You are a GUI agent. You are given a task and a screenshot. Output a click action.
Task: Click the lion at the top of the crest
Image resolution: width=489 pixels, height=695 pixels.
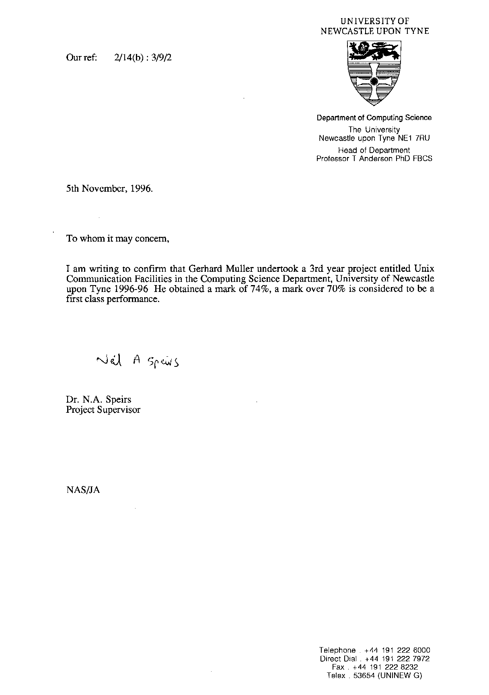pos(374,52)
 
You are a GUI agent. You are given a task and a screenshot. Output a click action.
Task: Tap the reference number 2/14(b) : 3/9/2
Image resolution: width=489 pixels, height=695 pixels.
pos(143,58)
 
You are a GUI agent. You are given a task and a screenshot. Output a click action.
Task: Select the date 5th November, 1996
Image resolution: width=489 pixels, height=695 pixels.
pos(109,188)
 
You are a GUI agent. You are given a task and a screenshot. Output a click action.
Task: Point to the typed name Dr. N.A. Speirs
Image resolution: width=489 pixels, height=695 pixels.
pos(99,399)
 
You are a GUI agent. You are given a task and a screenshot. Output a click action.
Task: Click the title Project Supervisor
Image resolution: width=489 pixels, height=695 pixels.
pos(103,410)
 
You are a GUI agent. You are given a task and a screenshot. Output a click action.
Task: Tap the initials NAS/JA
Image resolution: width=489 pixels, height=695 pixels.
pos(83,490)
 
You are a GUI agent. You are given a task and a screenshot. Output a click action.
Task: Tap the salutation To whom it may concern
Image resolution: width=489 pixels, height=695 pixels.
pos(117,238)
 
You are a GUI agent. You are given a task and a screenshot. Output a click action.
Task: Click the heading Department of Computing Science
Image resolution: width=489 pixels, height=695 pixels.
pos(374,118)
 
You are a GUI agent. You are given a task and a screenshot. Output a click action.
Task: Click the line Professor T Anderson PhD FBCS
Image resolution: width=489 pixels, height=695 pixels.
pos(374,159)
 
